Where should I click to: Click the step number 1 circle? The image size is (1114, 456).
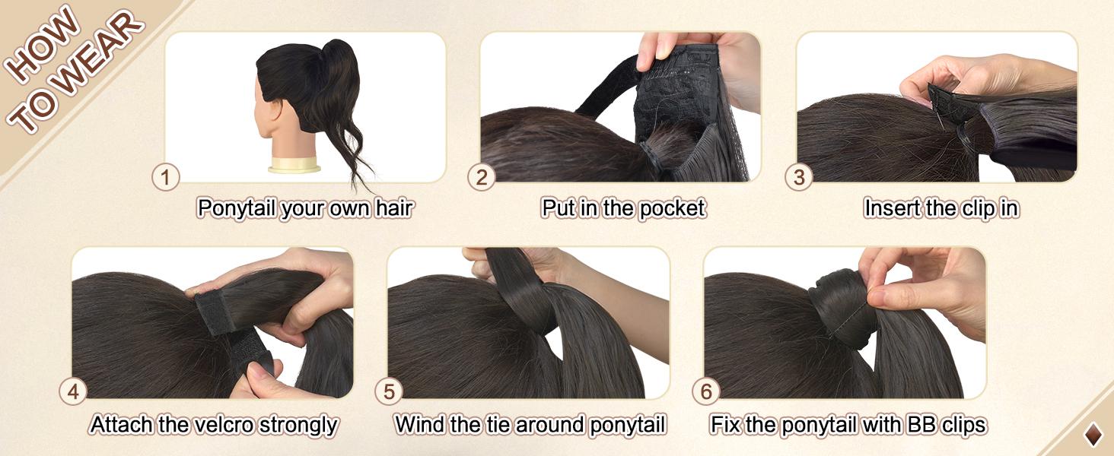(165, 178)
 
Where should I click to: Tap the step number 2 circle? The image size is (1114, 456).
(482, 178)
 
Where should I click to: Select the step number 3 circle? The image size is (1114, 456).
(799, 178)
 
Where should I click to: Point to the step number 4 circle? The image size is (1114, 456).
(73, 392)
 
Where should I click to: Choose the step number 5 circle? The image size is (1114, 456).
(389, 392)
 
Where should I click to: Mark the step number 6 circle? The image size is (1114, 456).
(706, 392)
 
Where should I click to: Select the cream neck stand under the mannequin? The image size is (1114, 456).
(294, 164)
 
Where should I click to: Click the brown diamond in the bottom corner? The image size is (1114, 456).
(1093, 435)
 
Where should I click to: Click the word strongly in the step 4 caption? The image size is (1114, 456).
(298, 424)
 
